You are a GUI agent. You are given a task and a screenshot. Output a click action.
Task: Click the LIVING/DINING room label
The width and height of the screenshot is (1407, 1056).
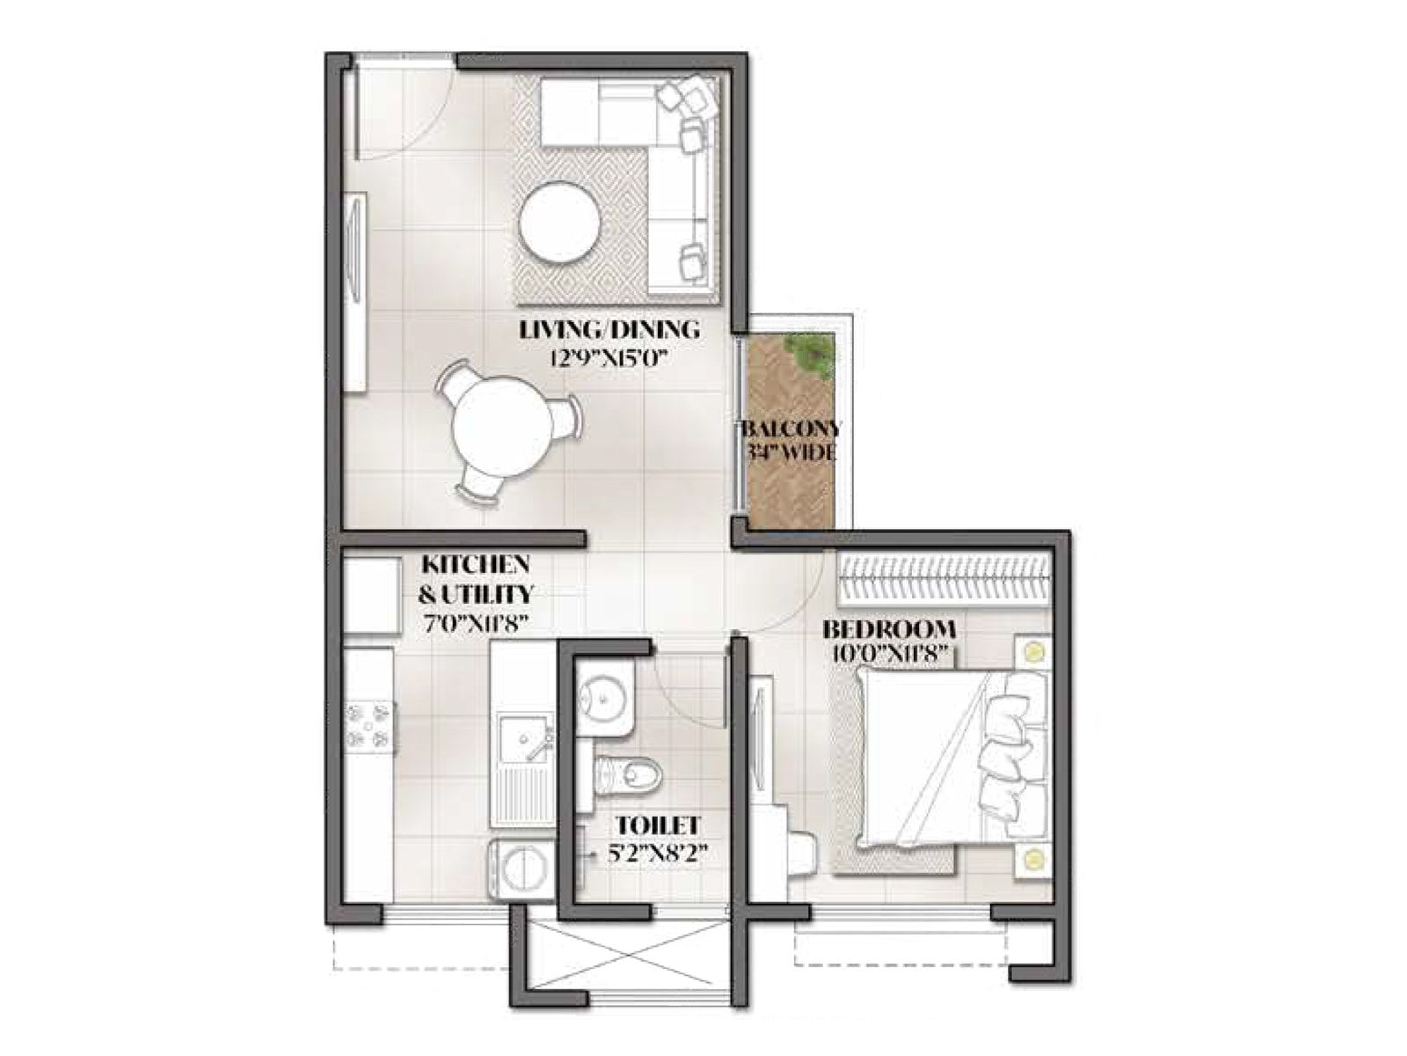[609, 331]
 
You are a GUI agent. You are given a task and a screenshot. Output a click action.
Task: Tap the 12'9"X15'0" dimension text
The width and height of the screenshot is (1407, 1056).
[609, 357]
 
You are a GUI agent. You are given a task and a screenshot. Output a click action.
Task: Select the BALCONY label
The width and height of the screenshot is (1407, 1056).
[791, 430]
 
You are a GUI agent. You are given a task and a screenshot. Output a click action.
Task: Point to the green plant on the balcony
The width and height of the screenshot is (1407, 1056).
[811, 352]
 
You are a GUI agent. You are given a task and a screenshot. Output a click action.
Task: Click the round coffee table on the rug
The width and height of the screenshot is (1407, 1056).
[560, 223]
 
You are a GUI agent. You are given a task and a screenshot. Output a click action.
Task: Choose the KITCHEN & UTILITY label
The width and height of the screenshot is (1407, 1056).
[475, 577]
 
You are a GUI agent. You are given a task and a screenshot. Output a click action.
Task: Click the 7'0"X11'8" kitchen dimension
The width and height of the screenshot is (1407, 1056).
[475, 623]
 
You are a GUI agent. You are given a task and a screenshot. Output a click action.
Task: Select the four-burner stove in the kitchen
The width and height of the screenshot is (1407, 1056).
[369, 726]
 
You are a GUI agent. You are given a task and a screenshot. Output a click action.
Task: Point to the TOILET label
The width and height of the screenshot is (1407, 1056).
[657, 826]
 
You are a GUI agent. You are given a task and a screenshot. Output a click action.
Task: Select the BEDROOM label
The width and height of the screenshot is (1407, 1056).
[888, 630]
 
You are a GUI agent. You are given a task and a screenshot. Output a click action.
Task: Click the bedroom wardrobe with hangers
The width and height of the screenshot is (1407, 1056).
[944, 580]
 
